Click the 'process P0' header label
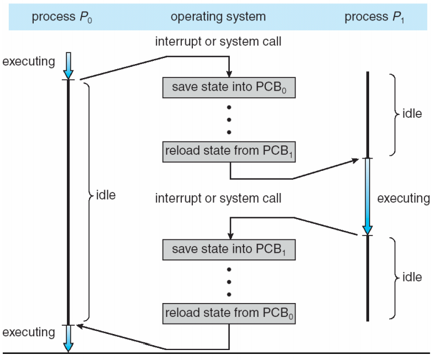click(x=62, y=17)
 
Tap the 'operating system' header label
click(x=218, y=17)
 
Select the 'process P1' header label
click(x=374, y=17)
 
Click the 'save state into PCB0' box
click(x=229, y=87)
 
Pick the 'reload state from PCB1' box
click(x=229, y=152)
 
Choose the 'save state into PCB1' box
click(x=229, y=249)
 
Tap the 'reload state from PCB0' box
click(x=229, y=314)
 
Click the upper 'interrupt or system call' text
click(x=218, y=41)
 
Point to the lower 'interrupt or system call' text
click(x=218, y=199)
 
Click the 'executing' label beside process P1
click(x=403, y=199)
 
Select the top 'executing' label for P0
click(x=29, y=61)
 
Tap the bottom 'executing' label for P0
click(x=29, y=332)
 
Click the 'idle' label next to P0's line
click(x=106, y=195)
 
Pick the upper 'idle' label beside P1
click(x=412, y=113)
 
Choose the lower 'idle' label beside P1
click(x=412, y=277)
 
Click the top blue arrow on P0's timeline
click(x=69, y=66)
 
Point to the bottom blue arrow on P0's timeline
click(x=69, y=338)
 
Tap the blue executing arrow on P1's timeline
click(x=367, y=196)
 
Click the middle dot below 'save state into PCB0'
click(x=229, y=120)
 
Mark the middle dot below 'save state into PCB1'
click(x=229, y=282)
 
